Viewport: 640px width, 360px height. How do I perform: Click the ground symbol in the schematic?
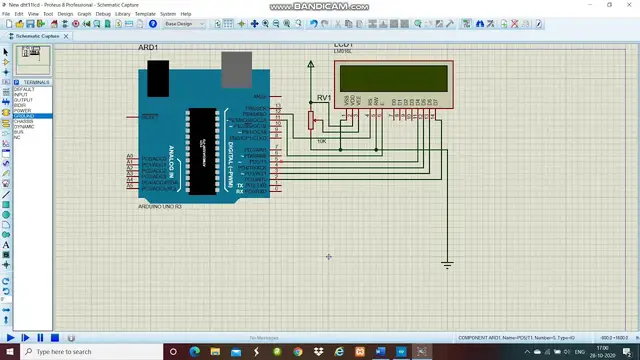pos(447,264)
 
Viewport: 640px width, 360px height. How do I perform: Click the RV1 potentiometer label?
pos(323,97)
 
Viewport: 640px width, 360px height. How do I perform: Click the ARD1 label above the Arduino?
pos(148,48)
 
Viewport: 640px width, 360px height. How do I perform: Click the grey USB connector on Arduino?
pos(236,69)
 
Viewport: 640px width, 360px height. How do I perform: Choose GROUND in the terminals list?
pos(23,116)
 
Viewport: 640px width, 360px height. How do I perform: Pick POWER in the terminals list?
pos(22,110)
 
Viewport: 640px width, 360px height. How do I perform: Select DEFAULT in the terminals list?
pos(23,90)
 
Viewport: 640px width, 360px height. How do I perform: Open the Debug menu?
pos(103,14)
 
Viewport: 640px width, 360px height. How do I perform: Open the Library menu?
pos(122,14)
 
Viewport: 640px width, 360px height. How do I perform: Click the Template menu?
pos(145,14)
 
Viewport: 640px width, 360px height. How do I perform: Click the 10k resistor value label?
pos(321,141)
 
